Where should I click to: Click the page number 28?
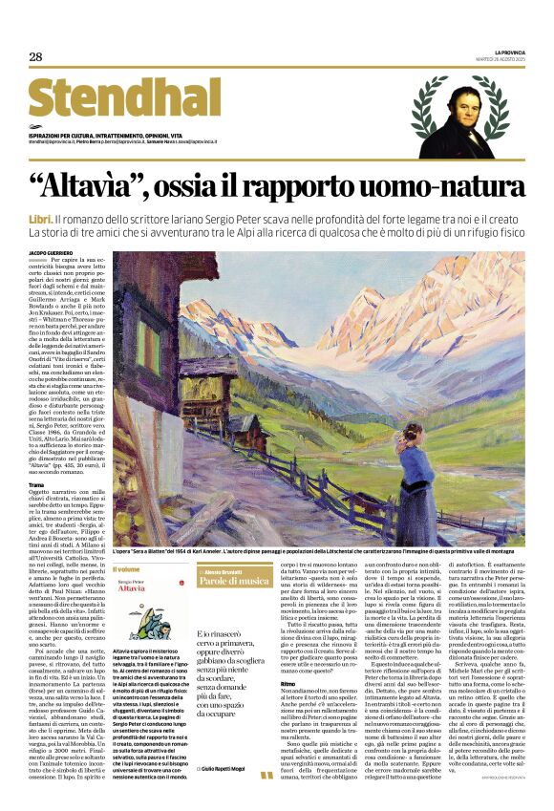(x=35, y=57)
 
